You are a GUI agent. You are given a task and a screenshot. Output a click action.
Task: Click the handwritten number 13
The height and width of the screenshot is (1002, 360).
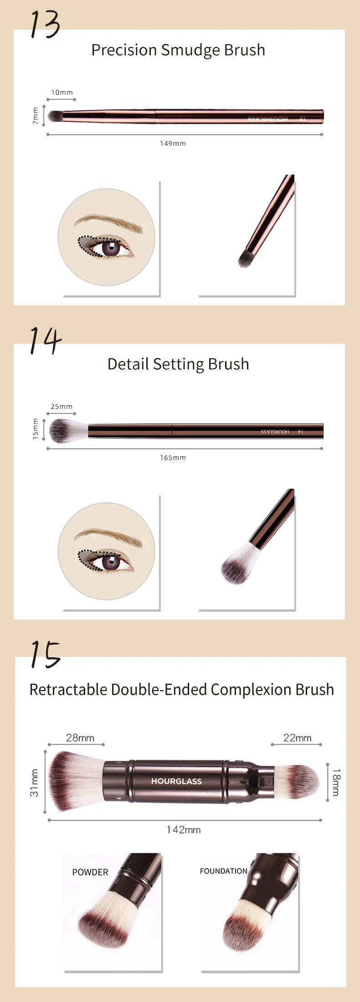[x=45, y=24]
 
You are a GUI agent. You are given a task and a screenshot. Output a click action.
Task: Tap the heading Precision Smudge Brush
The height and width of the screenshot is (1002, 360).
[x=178, y=50]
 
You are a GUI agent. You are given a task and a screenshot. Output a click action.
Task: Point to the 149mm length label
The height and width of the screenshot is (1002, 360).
[x=173, y=144]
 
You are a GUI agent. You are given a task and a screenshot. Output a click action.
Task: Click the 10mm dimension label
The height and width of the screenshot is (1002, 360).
[x=62, y=93]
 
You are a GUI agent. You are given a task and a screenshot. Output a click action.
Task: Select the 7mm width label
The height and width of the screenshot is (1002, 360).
[x=36, y=116]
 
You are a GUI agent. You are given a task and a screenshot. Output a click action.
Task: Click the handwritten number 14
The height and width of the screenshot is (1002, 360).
[x=45, y=340]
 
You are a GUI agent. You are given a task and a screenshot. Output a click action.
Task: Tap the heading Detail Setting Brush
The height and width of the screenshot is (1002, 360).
[x=178, y=364]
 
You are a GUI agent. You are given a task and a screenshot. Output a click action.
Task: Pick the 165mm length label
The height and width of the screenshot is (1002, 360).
[x=173, y=458]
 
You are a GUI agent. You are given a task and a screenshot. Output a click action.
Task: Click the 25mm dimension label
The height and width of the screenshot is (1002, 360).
[x=62, y=407]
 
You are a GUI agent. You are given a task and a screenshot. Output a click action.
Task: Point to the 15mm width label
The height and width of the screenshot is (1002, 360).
[x=36, y=429]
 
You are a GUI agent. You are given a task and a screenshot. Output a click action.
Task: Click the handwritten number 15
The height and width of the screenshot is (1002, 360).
[x=45, y=655]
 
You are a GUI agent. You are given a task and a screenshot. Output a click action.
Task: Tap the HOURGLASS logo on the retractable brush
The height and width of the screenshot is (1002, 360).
[x=176, y=781]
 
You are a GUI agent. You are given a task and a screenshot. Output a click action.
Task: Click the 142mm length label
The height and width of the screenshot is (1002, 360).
[x=184, y=830]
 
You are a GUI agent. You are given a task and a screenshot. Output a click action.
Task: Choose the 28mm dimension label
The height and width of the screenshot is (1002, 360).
[x=80, y=738]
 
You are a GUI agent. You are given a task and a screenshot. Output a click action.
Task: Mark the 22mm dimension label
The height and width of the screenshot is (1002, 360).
[x=297, y=738]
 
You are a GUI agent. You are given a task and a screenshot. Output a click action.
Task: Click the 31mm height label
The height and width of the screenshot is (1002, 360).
[x=35, y=782]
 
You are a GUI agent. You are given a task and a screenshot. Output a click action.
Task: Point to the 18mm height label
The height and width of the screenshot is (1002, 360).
[x=336, y=782]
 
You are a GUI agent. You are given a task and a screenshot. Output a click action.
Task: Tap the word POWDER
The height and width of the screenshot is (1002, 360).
[x=90, y=872]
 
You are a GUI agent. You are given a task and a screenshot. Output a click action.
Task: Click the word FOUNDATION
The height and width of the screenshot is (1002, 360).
[x=223, y=871]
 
